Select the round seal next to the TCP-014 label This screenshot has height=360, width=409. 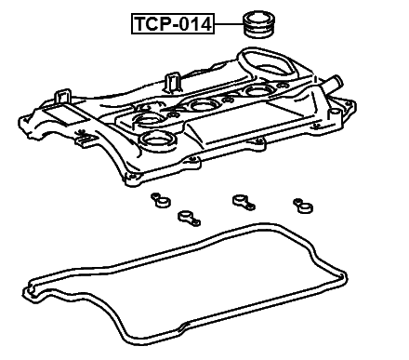[257, 23]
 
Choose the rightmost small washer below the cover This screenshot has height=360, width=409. [299, 204]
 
